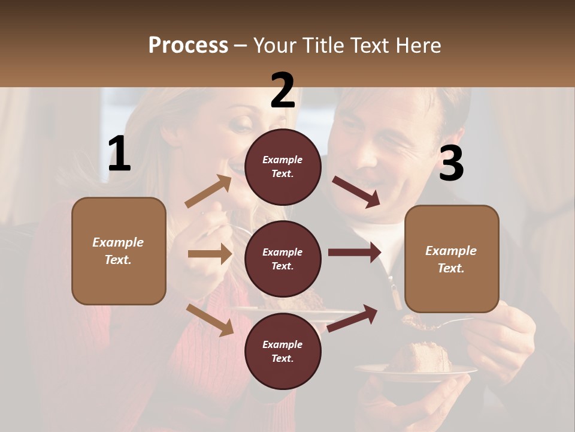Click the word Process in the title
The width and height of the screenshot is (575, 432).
click(x=188, y=46)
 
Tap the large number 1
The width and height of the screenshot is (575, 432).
click(x=119, y=154)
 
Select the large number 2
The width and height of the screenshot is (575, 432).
click(x=283, y=91)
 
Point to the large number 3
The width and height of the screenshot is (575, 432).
click(x=451, y=163)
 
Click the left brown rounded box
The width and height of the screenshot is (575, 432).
click(x=119, y=251)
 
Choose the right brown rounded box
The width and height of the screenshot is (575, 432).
click(x=452, y=259)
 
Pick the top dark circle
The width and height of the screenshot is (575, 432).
click(x=283, y=167)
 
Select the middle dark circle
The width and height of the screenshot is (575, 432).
click(x=283, y=259)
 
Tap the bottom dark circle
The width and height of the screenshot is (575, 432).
click(x=283, y=352)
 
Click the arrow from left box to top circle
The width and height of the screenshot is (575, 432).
click(x=208, y=191)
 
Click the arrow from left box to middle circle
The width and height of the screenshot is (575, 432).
click(x=210, y=254)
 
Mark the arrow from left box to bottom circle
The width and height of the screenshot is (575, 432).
click(x=210, y=320)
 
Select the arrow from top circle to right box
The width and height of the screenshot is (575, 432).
click(x=356, y=192)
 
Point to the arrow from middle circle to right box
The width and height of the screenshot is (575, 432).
click(x=354, y=253)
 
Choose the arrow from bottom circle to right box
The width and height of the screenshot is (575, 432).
click(x=352, y=319)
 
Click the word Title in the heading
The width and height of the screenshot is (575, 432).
click(x=323, y=46)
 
